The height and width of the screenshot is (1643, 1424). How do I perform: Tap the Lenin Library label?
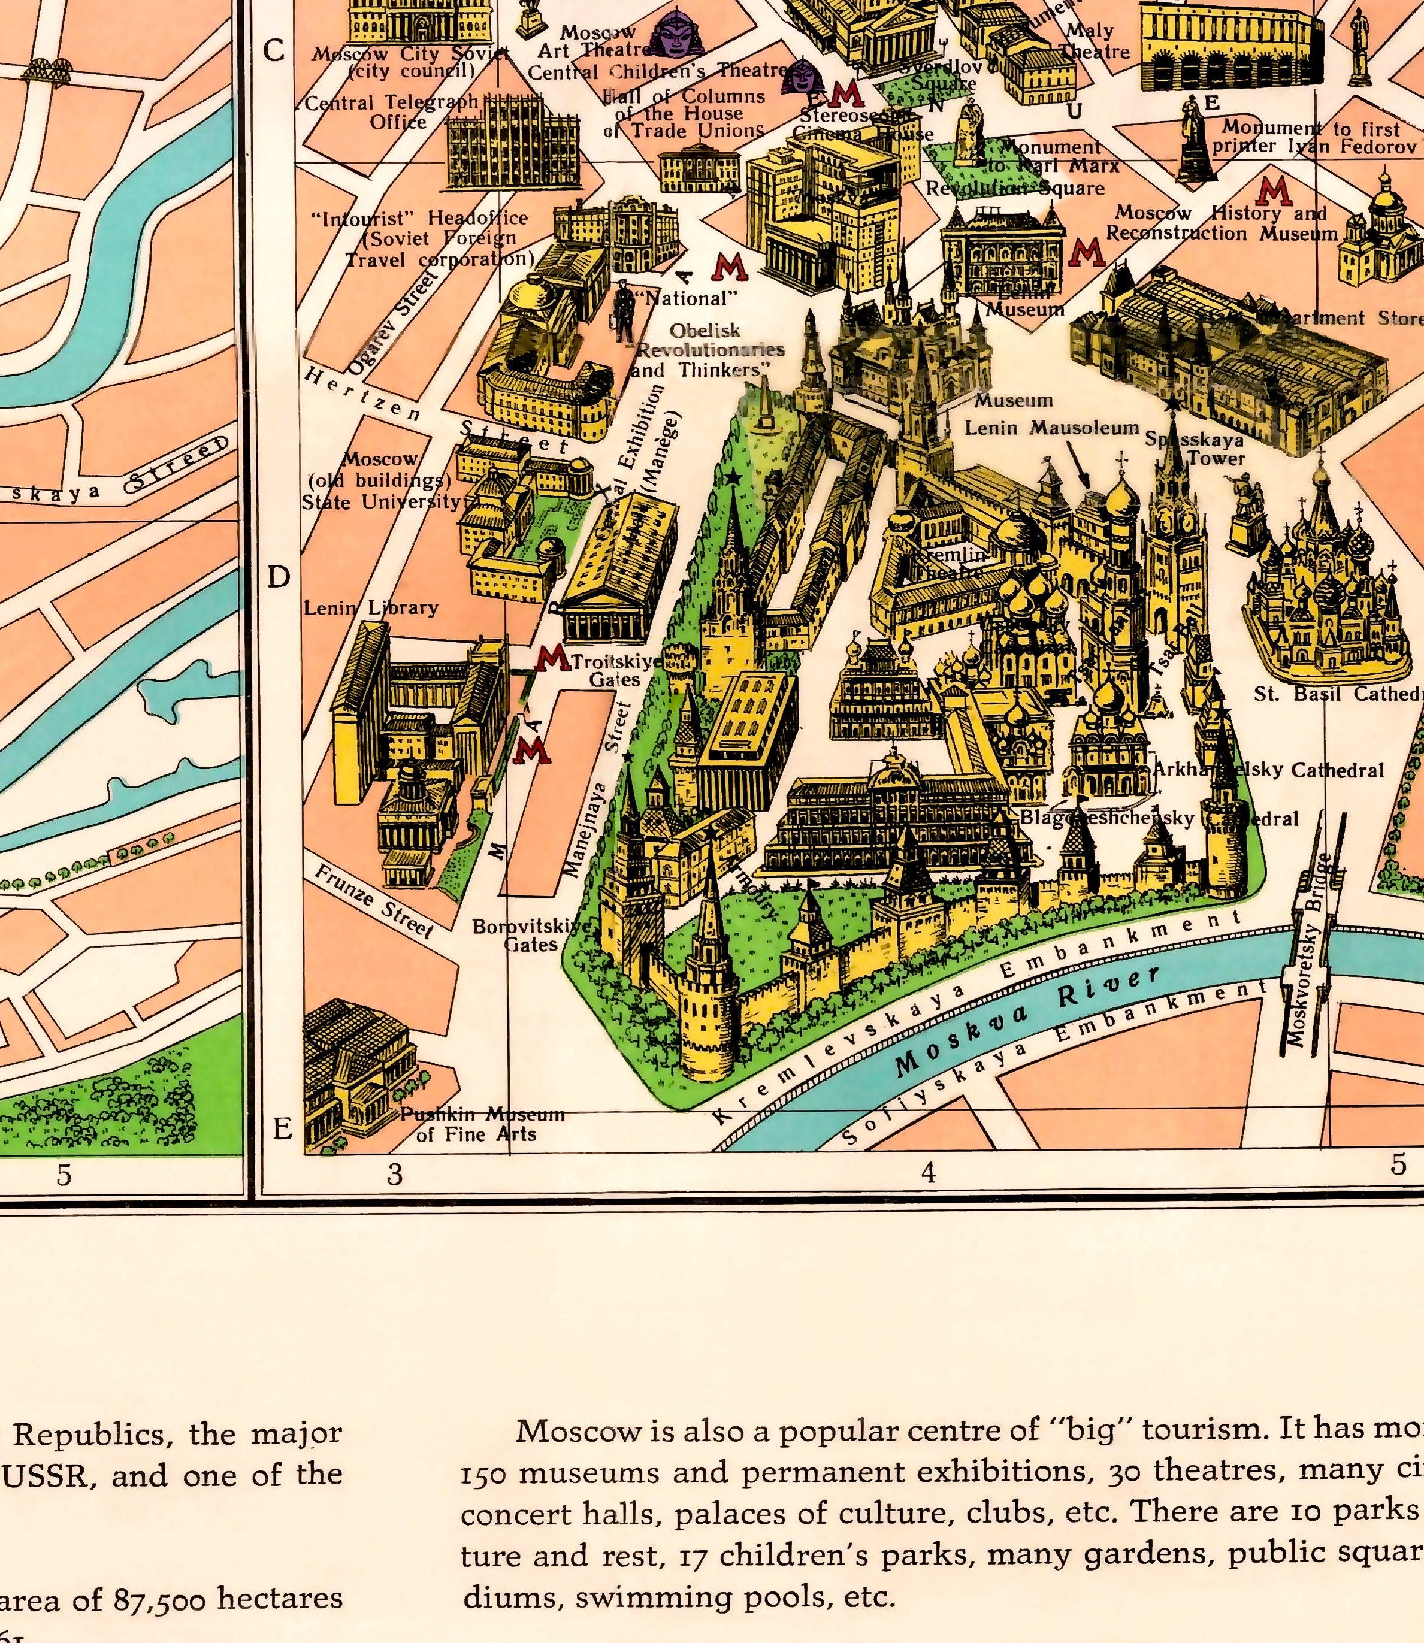370,608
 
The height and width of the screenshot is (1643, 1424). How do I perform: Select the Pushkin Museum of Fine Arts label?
482,1124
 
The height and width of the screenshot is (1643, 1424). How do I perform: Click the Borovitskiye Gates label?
531,935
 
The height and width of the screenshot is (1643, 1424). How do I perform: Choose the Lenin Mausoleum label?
1052,428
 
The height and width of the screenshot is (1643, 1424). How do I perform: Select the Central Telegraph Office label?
392,112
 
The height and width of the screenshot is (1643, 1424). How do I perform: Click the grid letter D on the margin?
278,577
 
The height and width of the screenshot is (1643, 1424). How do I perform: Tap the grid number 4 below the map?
928,1173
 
